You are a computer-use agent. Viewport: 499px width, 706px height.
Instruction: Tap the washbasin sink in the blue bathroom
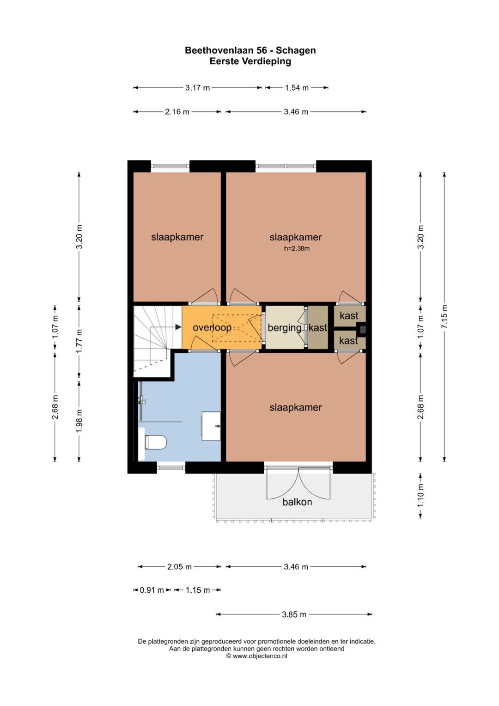point(211,426)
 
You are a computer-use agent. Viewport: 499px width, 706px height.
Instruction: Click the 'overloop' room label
point(212,328)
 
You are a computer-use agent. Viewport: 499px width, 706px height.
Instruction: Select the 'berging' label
point(285,328)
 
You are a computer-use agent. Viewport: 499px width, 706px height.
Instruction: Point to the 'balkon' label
point(297,502)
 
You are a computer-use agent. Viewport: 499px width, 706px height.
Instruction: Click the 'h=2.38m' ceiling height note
point(297,249)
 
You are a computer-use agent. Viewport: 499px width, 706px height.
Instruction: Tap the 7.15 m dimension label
point(444,316)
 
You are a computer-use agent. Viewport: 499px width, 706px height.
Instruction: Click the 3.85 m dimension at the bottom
point(294,614)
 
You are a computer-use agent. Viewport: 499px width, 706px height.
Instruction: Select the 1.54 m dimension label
point(297,88)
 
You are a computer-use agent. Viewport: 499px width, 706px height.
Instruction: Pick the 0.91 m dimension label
point(152,590)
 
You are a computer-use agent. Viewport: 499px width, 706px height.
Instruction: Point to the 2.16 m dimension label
point(177,112)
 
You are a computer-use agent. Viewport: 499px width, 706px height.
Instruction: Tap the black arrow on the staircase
point(178,327)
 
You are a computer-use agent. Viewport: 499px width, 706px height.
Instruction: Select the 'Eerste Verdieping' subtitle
point(250,61)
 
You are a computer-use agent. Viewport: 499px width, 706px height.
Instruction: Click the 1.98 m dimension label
point(79,421)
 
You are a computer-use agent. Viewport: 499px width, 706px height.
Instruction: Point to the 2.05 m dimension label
point(179,567)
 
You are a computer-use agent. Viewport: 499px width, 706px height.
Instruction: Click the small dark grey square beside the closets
point(363,330)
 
